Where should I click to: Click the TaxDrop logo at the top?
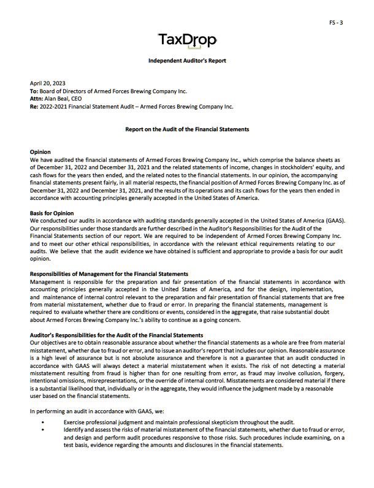pyautogui.click(x=187, y=41)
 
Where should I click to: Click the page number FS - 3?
pyautogui.click(x=336, y=23)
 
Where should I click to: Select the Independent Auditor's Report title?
pyautogui.click(x=187, y=61)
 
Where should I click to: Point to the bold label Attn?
pyautogui.click(x=36, y=98)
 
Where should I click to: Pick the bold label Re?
pyautogui.click(x=34, y=106)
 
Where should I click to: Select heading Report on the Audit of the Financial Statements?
pyautogui.click(x=187, y=129)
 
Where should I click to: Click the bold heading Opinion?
pyautogui.click(x=40, y=151)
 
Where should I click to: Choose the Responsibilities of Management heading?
pyautogui.click(x=109, y=273)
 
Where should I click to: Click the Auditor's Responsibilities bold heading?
pyautogui.click(x=116, y=335)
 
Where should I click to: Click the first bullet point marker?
pyautogui.click(x=42, y=423)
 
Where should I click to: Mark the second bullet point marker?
pyautogui.click(x=42, y=430)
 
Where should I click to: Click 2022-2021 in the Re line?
pyautogui.click(x=54, y=106)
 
